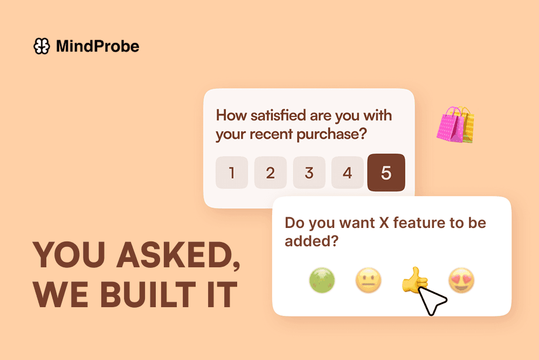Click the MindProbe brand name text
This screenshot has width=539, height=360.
98,47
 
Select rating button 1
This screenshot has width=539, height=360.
232,173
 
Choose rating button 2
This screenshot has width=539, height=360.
271,173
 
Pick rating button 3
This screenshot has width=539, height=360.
309,173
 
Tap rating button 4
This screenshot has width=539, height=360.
347,173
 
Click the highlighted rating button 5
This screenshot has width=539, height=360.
386,172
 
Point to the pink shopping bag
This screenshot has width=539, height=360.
451,124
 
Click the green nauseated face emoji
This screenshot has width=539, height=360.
322,281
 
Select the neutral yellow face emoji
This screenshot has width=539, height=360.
369,281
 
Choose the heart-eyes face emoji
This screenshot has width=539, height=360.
461,281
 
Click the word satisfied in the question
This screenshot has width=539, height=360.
279,115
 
